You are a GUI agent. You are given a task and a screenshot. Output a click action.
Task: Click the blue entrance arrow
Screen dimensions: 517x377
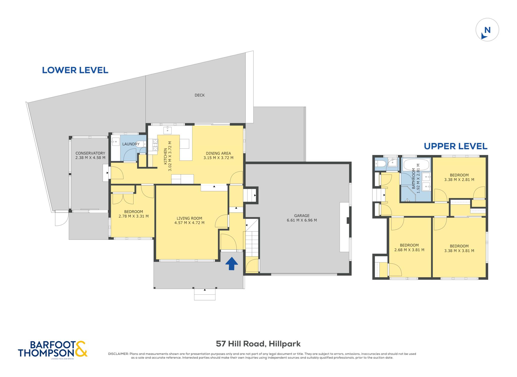[x=231, y=263]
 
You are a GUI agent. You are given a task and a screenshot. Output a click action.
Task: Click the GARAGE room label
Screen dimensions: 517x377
[x=302, y=216]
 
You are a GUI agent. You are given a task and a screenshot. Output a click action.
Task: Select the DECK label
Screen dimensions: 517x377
[x=199, y=95]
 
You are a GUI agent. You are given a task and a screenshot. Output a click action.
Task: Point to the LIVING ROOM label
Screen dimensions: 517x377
[x=189, y=218]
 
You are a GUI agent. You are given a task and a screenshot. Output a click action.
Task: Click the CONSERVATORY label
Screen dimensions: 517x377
[x=90, y=153]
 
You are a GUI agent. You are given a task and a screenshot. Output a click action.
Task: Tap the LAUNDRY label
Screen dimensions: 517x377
[x=131, y=144]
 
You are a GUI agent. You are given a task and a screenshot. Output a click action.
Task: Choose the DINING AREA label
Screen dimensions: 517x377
[x=218, y=153]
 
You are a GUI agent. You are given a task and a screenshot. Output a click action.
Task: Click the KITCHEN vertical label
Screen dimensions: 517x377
[x=165, y=156]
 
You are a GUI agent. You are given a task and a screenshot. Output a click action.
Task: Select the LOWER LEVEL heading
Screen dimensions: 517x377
[x=75, y=70]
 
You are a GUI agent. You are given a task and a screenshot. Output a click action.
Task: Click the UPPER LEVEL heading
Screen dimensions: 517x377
[x=455, y=146]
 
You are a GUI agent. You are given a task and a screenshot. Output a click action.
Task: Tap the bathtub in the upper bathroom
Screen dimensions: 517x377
[x=416, y=165]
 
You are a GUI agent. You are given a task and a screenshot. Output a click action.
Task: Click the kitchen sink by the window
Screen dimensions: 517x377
[x=167, y=130]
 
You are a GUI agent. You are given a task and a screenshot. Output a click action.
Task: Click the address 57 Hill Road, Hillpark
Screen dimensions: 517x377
[x=258, y=344]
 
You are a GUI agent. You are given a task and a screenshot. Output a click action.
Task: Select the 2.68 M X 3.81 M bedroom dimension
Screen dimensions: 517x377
[x=409, y=250]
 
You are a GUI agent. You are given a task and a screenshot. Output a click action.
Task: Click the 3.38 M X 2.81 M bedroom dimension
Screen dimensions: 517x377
[x=459, y=180]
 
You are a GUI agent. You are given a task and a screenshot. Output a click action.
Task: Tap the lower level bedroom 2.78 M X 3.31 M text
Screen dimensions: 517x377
[x=134, y=216]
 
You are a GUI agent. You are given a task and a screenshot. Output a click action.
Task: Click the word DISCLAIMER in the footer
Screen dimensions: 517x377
[x=118, y=354]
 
